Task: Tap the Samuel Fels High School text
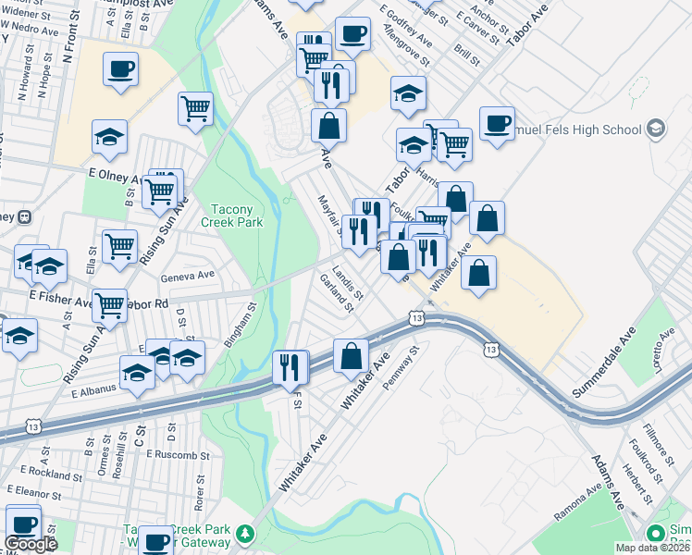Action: (582, 129)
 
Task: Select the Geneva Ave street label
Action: (190, 274)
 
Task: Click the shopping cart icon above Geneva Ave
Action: (120, 246)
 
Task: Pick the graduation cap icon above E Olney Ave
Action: (109, 137)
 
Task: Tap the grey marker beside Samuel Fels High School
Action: (656, 128)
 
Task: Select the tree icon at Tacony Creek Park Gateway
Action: (244, 534)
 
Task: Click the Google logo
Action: (31, 544)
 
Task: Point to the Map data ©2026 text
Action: (652, 548)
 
